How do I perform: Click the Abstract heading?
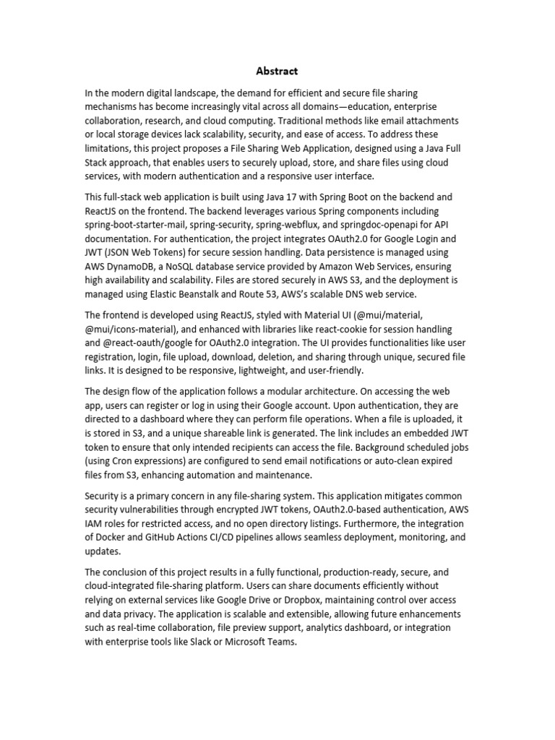tap(277, 71)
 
